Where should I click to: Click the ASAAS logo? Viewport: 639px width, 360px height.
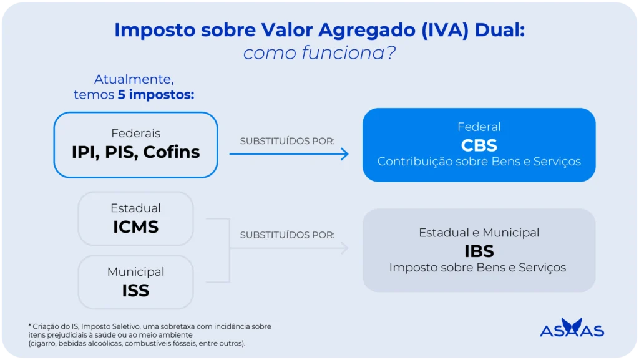(x=572, y=328)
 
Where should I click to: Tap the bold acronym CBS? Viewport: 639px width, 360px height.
(x=479, y=145)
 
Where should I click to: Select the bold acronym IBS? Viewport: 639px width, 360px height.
(x=479, y=251)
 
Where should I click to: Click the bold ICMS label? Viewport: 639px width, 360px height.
(x=135, y=227)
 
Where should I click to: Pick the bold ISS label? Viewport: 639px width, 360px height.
(x=135, y=290)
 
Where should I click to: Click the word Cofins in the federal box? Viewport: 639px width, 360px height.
(x=172, y=152)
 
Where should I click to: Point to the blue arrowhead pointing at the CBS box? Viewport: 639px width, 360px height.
(x=345, y=154)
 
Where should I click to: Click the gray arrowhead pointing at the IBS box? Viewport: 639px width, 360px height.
(x=345, y=248)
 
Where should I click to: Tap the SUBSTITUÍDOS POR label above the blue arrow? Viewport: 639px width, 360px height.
(x=287, y=140)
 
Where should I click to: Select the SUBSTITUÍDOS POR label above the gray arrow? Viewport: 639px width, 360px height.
(x=287, y=235)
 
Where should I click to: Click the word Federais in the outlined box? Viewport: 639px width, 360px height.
(x=135, y=134)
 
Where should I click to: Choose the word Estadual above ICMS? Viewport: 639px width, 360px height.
(x=135, y=208)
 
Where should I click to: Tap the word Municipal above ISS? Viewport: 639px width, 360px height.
(x=135, y=272)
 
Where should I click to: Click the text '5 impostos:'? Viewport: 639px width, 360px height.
(x=156, y=95)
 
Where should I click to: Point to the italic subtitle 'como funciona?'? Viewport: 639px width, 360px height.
(x=319, y=53)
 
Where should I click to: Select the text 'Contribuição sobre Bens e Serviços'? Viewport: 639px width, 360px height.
(x=479, y=162)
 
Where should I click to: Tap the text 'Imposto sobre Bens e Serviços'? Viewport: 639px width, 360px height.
(x=477, y=268)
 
